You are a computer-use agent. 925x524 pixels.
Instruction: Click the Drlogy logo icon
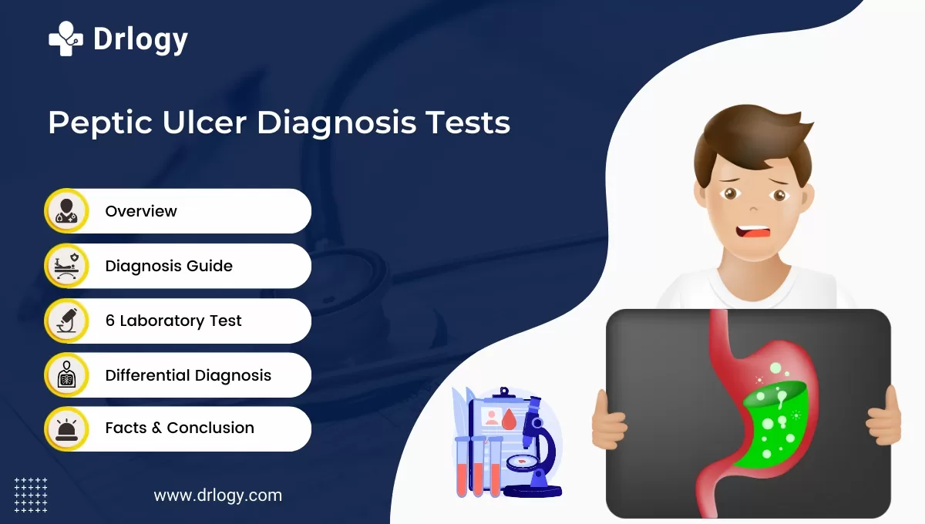pyautogui.click(x=66, y=38)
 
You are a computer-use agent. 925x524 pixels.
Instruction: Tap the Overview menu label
pyautogui.click(x=141, y=211)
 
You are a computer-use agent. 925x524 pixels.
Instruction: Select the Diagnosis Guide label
pyautogui.click(x=169, y=266)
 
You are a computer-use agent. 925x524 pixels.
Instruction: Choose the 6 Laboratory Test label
pyautogui.click(x=173, y=321)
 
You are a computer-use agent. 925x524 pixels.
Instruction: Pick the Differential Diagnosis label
pyautogui.click(x=188, y=375)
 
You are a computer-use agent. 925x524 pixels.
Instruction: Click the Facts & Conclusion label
pyautogui.click(x=180, y=428)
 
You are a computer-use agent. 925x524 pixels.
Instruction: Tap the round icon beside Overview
pyautogui.click(x=67, y=211)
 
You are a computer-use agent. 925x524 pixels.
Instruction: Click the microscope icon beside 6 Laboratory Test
pyautogui.click(x=67, y=321)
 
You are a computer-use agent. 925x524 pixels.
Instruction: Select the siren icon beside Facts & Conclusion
pyautogui.click(x=67, y=428)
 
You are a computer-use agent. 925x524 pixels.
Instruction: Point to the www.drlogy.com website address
pyautogui.click(x=218, y=495)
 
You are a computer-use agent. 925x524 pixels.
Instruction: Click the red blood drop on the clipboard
pyautogui.click(x=508, y=420)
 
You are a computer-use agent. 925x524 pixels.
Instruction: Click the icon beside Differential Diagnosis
pyautogui.click(x=67, y=375)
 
